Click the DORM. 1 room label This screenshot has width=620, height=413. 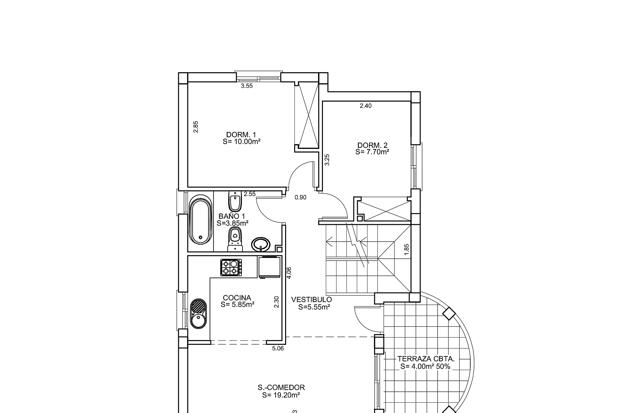tap(241, 135)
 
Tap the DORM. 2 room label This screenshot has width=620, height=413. tap(372, 146)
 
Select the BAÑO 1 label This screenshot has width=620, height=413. tap(232, 216)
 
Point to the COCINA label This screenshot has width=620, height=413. tap(237, 298)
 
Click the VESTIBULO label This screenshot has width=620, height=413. tap(311, 300)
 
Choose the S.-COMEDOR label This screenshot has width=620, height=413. tap(281, 388)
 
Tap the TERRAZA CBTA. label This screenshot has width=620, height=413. tap(426, 359)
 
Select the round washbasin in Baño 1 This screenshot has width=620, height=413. tap(261, 245)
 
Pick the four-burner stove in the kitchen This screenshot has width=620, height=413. tap(231, 267)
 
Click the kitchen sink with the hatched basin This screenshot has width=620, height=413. tap(197, 313)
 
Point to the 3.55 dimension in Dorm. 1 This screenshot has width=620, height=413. tap(247, 86)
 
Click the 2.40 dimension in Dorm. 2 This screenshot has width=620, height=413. tap(366, 106)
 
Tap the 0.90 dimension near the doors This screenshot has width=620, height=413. tap(300, 197)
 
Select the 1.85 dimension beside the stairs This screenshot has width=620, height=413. tap(407, 250)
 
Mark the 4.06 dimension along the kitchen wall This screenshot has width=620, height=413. tap(289, 273)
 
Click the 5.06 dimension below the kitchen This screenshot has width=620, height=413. tap(278, 348)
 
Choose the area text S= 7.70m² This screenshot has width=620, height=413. tap(372, 152)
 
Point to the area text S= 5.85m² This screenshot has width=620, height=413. tap(238, 304)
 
